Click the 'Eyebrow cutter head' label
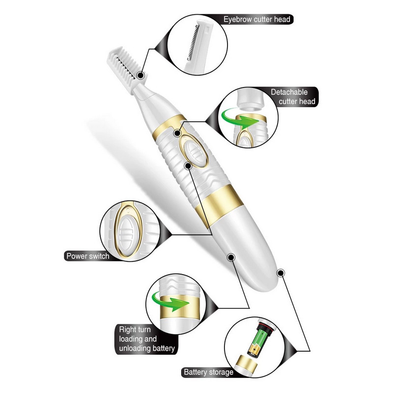click(x=256, y=19)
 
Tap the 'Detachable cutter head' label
click(x=293, y=97)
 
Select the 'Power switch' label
click(x=88, y=256)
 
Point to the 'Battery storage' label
click(x=208, y=372)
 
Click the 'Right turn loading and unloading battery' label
click(x=146, y=339)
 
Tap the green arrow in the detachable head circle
click(x=239, y=118)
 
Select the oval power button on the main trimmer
click(x=194, y=151)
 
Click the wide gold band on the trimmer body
click(x=219, y=206)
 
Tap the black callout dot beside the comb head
click(x=141, y=75)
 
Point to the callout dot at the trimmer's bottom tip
click(x=281, y=273)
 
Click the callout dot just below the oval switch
click(x=188, y=166)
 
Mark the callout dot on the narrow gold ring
click(x=177, y=133)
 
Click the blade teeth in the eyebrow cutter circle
click(x=193, y=43)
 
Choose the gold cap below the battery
click(x=247, y=365)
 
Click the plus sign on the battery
click(x=254, y=349)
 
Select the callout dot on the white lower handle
click(x=231, y=257)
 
